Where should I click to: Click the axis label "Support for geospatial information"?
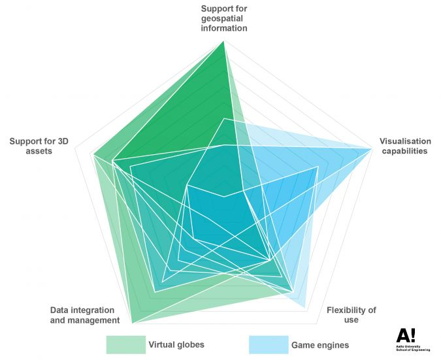(x=224, y=18)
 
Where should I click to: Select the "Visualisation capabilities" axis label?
(x=405, y=146)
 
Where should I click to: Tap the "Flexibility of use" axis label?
(x=351, y=315)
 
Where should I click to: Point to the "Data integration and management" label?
(x=85, y=315)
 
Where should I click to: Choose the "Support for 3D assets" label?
(x=39, y=146)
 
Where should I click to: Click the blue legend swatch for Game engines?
(x=268, y=344)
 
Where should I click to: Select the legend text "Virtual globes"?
(x=176, y=344)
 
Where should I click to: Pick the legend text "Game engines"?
(x=320, y=344)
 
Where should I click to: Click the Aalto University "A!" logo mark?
(x=405, y=335)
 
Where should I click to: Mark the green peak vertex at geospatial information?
(x=224, y=42)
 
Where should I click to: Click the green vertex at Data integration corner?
(x=133, y=323)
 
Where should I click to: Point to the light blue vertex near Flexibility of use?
(x=305, y=307)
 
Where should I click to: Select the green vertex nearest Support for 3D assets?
(x=93, y=155)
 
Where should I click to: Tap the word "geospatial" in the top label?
(x=224, y=18)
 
